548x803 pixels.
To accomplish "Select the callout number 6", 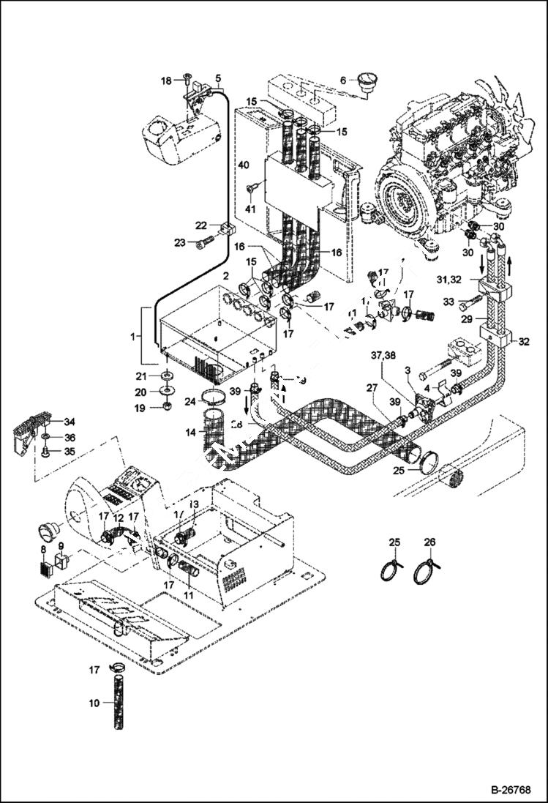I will (342, 81).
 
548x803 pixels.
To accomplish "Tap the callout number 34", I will (70, 422).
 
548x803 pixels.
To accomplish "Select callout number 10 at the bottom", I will (94, 703).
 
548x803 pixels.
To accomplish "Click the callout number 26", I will (429, 542).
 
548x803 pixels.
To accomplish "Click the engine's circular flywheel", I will (399, 200).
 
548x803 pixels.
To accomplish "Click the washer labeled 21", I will (168, 376).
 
